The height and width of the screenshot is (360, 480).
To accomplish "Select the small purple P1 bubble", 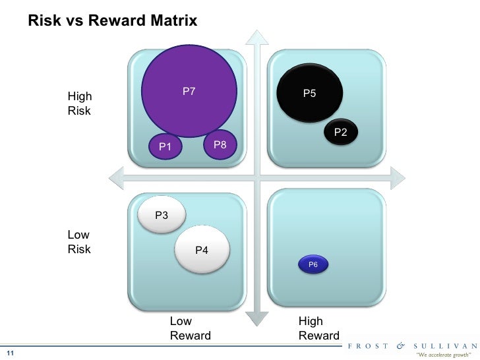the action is [165, 146].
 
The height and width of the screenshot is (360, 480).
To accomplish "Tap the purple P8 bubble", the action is [218, 143].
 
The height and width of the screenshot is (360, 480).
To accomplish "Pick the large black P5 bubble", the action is [310, 93].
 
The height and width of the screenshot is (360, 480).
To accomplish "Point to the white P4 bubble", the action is [202, 249].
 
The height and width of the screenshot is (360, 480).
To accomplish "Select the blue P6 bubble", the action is [313, 264].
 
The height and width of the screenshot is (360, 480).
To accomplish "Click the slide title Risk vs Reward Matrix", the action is [113, 21].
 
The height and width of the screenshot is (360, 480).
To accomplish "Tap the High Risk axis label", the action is [80, 104].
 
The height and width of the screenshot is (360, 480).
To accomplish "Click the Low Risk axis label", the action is [80, 242].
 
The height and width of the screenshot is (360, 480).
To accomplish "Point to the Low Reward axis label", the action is [190, 328].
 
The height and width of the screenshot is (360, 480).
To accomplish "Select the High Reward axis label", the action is [318, 328].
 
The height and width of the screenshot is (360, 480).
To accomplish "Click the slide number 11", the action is [11, 351].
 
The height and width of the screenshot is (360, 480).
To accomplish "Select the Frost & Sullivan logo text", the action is [413, 344].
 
